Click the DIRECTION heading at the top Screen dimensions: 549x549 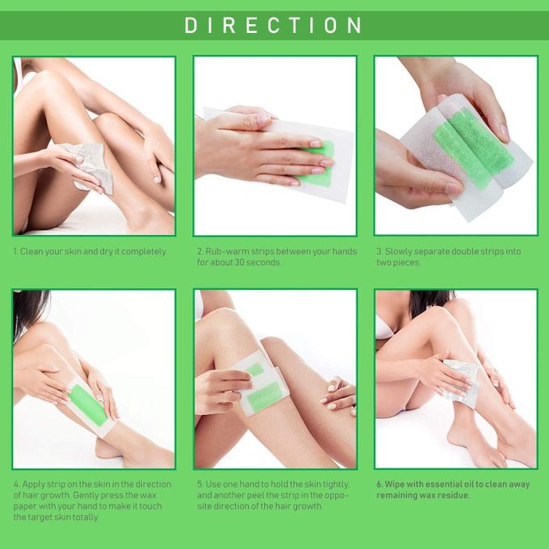pos(273,25)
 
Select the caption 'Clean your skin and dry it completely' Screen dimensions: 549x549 pos(93,251)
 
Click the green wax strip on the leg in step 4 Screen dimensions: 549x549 pos(87,405)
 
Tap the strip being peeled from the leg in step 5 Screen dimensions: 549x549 pos(261,383)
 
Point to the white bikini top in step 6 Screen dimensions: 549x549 pos(383,328)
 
